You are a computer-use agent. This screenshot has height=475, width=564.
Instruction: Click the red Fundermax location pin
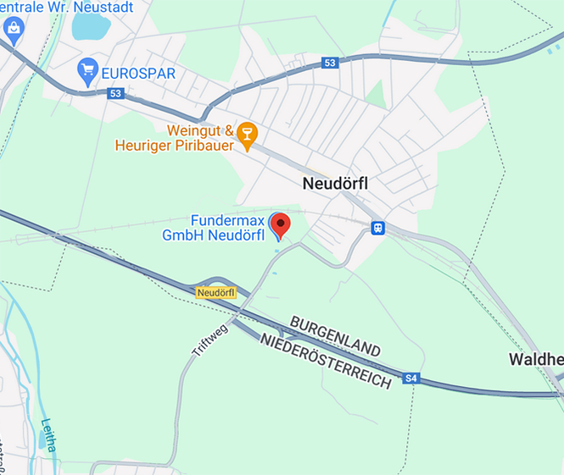[x=280, y=224]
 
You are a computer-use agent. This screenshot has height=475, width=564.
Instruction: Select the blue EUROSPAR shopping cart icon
[x=87, y=70]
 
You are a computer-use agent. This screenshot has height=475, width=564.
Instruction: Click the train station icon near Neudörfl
[x=377, y=228]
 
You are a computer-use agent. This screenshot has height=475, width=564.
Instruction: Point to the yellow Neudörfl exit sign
[x=215, y=292]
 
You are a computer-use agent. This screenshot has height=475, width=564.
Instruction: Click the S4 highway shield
[x=412, y=378]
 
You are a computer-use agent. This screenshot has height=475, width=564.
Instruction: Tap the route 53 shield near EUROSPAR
[x=116, y=93]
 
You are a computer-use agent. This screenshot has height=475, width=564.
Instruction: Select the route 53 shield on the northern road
[x=330, y=64]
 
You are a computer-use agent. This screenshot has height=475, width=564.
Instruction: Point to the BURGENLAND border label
[x=335, y=336]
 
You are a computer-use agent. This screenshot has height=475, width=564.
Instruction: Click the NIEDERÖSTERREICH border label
[x=326, y=361]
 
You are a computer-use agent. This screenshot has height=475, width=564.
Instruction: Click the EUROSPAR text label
[x=138, y=73]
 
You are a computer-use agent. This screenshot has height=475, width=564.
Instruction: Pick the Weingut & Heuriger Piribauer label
[x=176, y=139]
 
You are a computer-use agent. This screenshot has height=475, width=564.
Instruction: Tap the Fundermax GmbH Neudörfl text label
[x=215, y=226]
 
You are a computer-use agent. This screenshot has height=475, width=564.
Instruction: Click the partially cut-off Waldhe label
[x=536, y=360]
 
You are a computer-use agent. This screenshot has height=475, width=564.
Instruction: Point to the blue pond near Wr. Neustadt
[x=90, y=25]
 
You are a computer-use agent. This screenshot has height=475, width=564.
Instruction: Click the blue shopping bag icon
[x=14, y=28]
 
